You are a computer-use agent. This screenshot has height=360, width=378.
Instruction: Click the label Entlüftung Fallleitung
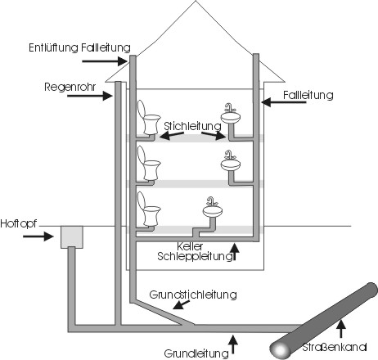point(79,47)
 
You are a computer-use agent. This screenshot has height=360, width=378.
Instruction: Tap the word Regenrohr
point(70,88)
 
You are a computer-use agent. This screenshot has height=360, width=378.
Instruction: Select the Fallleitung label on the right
point(308,95)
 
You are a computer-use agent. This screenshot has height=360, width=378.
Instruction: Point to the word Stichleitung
point(192,126)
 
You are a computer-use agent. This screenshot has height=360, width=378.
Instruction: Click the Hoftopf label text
point(18,224)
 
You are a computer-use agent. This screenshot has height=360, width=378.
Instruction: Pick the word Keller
point(190,246)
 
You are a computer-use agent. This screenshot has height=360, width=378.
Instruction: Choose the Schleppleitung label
point(195,256)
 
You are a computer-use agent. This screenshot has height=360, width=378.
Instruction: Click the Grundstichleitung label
point(193,295)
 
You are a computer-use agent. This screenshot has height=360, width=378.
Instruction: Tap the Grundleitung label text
point(196,353)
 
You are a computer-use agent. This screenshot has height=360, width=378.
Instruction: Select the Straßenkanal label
point(335,347)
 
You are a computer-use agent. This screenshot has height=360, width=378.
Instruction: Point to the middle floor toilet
point(148,163)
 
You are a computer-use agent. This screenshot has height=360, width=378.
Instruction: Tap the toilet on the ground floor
point(148,209)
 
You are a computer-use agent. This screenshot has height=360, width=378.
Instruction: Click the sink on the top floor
point(231,114)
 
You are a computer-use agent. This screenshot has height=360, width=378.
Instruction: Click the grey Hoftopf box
point(72,237)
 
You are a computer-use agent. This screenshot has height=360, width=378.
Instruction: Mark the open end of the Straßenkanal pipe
point(280,349)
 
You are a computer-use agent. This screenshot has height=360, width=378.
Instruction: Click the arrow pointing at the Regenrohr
point(90,96)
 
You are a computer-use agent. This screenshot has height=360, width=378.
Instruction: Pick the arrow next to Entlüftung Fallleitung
point(105,61)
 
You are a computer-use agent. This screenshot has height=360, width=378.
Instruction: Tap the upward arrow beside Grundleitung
point(232,344)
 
